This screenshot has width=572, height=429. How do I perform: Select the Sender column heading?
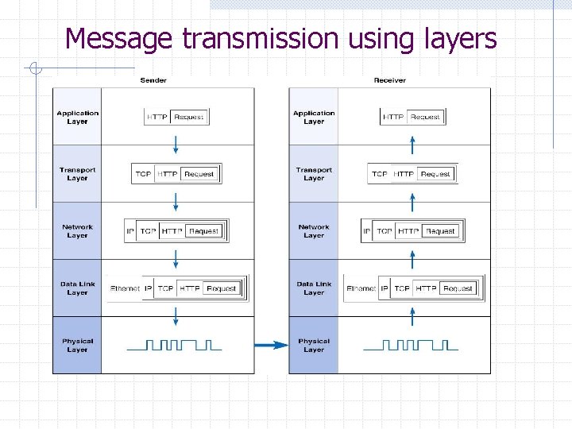(x=153, y=80)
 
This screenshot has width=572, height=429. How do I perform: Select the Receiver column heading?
(x=389, y=80)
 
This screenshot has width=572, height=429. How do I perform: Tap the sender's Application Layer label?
(x=77, y=117)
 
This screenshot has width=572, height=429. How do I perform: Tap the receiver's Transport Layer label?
(x=314, y=174)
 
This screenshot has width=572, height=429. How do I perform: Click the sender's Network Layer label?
(x=77, y=231)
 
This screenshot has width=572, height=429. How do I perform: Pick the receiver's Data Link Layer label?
(x=314, y=288)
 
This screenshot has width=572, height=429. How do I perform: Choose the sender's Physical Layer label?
(x=77, y=346)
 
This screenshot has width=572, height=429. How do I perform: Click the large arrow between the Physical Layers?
(x=271, y=345)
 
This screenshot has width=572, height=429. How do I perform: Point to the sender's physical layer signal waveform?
(x=175, y=345)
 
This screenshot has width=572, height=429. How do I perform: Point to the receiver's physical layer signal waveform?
(x=411, y=345)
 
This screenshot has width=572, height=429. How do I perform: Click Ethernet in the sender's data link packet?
(x=126, y=288)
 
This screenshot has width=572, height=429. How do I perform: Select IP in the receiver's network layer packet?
(x=367, y=231)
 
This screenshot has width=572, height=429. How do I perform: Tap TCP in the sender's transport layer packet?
(x=143, y=174)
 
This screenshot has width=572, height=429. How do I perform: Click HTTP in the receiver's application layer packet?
(x=392, y=117)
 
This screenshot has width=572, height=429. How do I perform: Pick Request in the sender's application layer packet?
(x=188, y=117)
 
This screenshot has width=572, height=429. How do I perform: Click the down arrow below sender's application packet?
(x=176, y=144)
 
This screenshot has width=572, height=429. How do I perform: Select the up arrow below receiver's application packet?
(x=412, y=144)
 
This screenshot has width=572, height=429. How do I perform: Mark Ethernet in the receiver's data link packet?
(x=361, y=288)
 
